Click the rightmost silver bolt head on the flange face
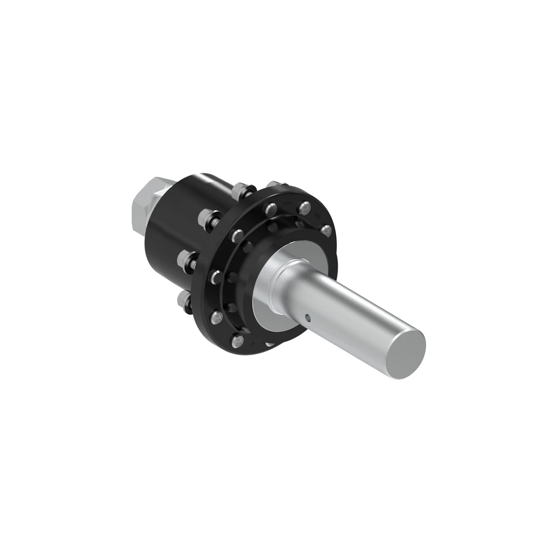pyautogui.click(x=326, y=230)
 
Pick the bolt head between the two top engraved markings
pyautogui.click(x=305, y=208)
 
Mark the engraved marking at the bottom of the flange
pyautogui.click(x=252, y=344)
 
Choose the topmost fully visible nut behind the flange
pyautogui.click(x=241, y=189)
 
